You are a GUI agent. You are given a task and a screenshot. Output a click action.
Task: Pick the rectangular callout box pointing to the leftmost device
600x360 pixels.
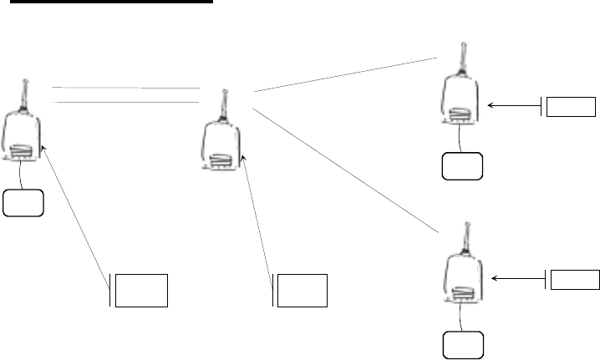tap(142, 289)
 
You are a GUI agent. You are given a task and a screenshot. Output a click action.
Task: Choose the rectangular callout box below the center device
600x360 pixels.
tap(302, 289)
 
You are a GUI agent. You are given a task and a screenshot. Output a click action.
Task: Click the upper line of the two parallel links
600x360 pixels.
tap(125, 87)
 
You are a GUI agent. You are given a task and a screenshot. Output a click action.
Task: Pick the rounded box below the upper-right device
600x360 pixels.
tap(463, 167)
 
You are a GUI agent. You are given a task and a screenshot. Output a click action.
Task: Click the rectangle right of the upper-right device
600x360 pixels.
tap(572, 107)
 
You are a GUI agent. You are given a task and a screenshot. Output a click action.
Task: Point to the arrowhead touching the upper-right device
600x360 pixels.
tap(490, 106)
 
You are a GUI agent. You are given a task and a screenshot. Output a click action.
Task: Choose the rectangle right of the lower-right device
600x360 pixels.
tap(577, 280)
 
